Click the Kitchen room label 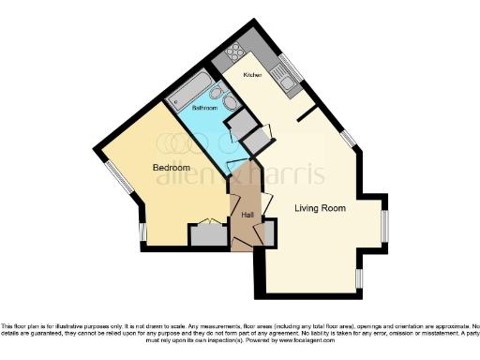click(x=251, y=74)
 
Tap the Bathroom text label click(x=204, y=109)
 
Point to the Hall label click(x=246, y=216)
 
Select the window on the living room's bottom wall click(x=359, y=279)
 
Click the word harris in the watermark click(x=289, y=174)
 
